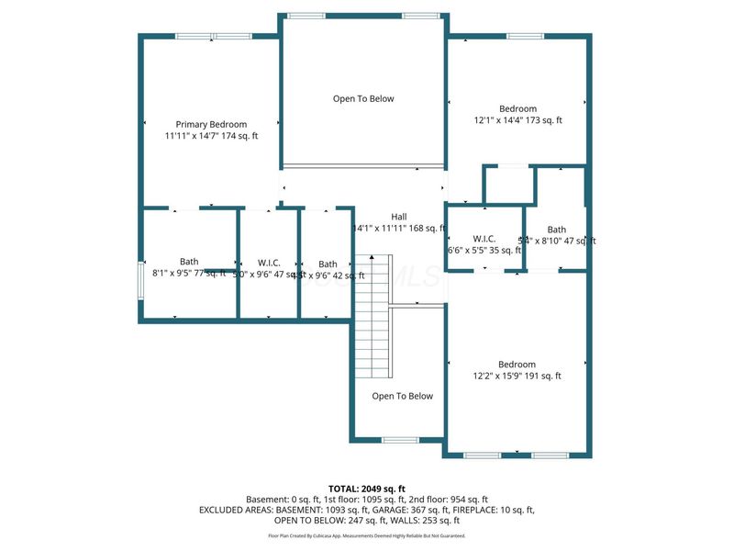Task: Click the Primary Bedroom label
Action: [x=211, y=124]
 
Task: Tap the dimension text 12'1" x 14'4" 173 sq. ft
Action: [x=517, y=120]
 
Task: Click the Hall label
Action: [x=398, y=217]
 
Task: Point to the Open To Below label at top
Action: [x=363, y=98]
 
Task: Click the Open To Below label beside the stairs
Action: [x=402, y=396]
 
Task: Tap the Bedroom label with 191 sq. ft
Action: [x=517, y=364]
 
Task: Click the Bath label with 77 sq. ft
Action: [x=189, y=262]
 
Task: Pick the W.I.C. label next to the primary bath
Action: [x=269, y=263]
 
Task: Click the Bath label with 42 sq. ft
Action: [x=327, y=264]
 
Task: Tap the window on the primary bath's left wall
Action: [x=140, y=275]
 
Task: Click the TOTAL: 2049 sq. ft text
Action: [x=367, y=488]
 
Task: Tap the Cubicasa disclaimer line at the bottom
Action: [x=367, y=535]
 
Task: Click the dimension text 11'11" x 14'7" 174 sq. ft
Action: [x=211, y=136]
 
